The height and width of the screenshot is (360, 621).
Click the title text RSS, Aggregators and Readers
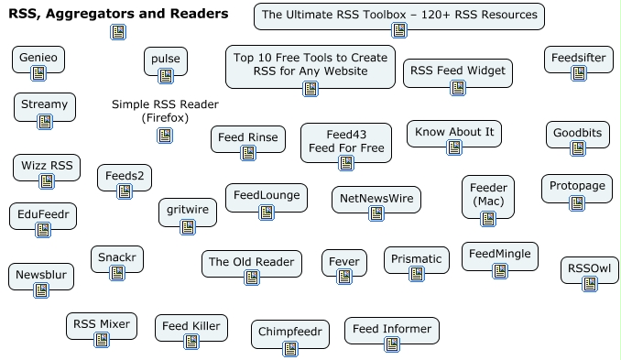click(118, 14)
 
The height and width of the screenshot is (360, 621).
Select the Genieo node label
click(38, 59)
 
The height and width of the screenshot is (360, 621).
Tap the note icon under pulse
click(166, 80)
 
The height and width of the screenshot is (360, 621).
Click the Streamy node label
click(42, 103)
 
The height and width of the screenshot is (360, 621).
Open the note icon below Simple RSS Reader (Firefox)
click(165, 136)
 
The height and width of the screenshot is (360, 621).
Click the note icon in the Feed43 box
click(346, 163)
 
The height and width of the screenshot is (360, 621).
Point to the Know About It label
click(454, 132)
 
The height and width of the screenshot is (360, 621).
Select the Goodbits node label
click(577, 133)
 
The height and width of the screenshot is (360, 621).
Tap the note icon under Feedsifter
click(578, 73)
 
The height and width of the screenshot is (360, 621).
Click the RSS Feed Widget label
click(458, 70)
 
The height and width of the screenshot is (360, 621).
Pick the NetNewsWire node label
click(376, 197)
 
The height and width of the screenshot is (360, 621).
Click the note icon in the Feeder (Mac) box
click(488, 218)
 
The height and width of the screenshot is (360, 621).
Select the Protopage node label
click(577, 187)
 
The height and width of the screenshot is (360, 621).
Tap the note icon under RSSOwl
click(589, 286)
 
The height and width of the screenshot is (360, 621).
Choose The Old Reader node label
click(251, 262)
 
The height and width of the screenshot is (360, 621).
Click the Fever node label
click(344, 261)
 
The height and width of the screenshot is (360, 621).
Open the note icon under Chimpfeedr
click(290, 349)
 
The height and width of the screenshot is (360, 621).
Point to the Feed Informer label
click(392, 328)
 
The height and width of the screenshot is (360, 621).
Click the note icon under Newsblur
click(41, 290)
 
